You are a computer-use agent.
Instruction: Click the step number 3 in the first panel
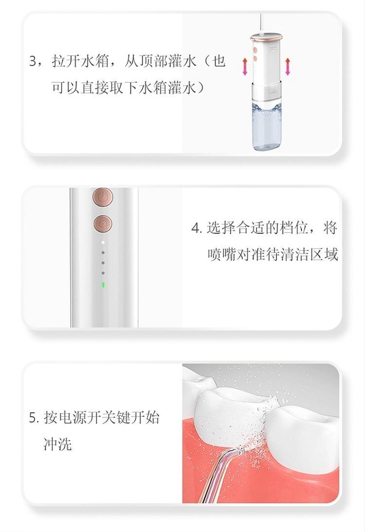pos(33,61)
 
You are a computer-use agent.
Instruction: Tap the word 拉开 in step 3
pos(66,61)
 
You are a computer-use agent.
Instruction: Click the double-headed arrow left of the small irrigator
pos(245,67)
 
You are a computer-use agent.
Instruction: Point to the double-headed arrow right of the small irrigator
pos(288,67)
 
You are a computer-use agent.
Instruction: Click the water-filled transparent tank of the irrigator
pos(266,126)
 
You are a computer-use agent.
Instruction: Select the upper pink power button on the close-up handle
pos(103,197)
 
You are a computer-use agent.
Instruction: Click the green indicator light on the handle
pos(103,285)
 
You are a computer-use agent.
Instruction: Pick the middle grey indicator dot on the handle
pos(103,263)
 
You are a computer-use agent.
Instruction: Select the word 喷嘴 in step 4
pos(221,255)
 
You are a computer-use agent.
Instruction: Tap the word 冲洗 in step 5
pos(57,444)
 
